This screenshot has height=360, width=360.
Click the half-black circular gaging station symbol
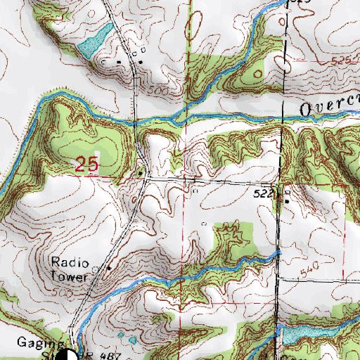coord(70,355)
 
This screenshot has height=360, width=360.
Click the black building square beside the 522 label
coord(285,198)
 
